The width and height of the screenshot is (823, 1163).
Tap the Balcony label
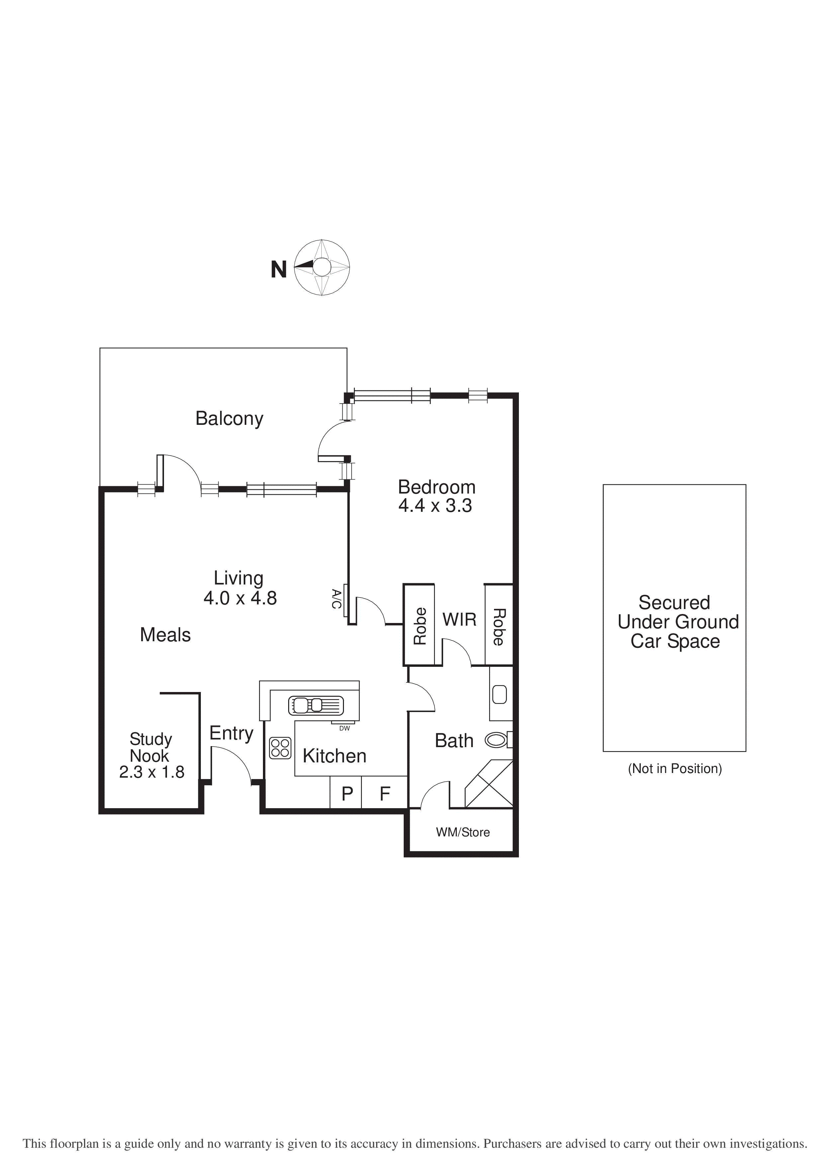coord(229,419)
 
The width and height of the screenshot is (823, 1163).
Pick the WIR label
coord(459,619)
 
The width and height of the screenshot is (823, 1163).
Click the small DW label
coord(344,729)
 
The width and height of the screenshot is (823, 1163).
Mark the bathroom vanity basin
coord(500,694)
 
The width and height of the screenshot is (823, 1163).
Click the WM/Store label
coord(463,832)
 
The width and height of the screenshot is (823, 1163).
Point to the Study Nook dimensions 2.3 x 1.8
coord(151,772)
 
